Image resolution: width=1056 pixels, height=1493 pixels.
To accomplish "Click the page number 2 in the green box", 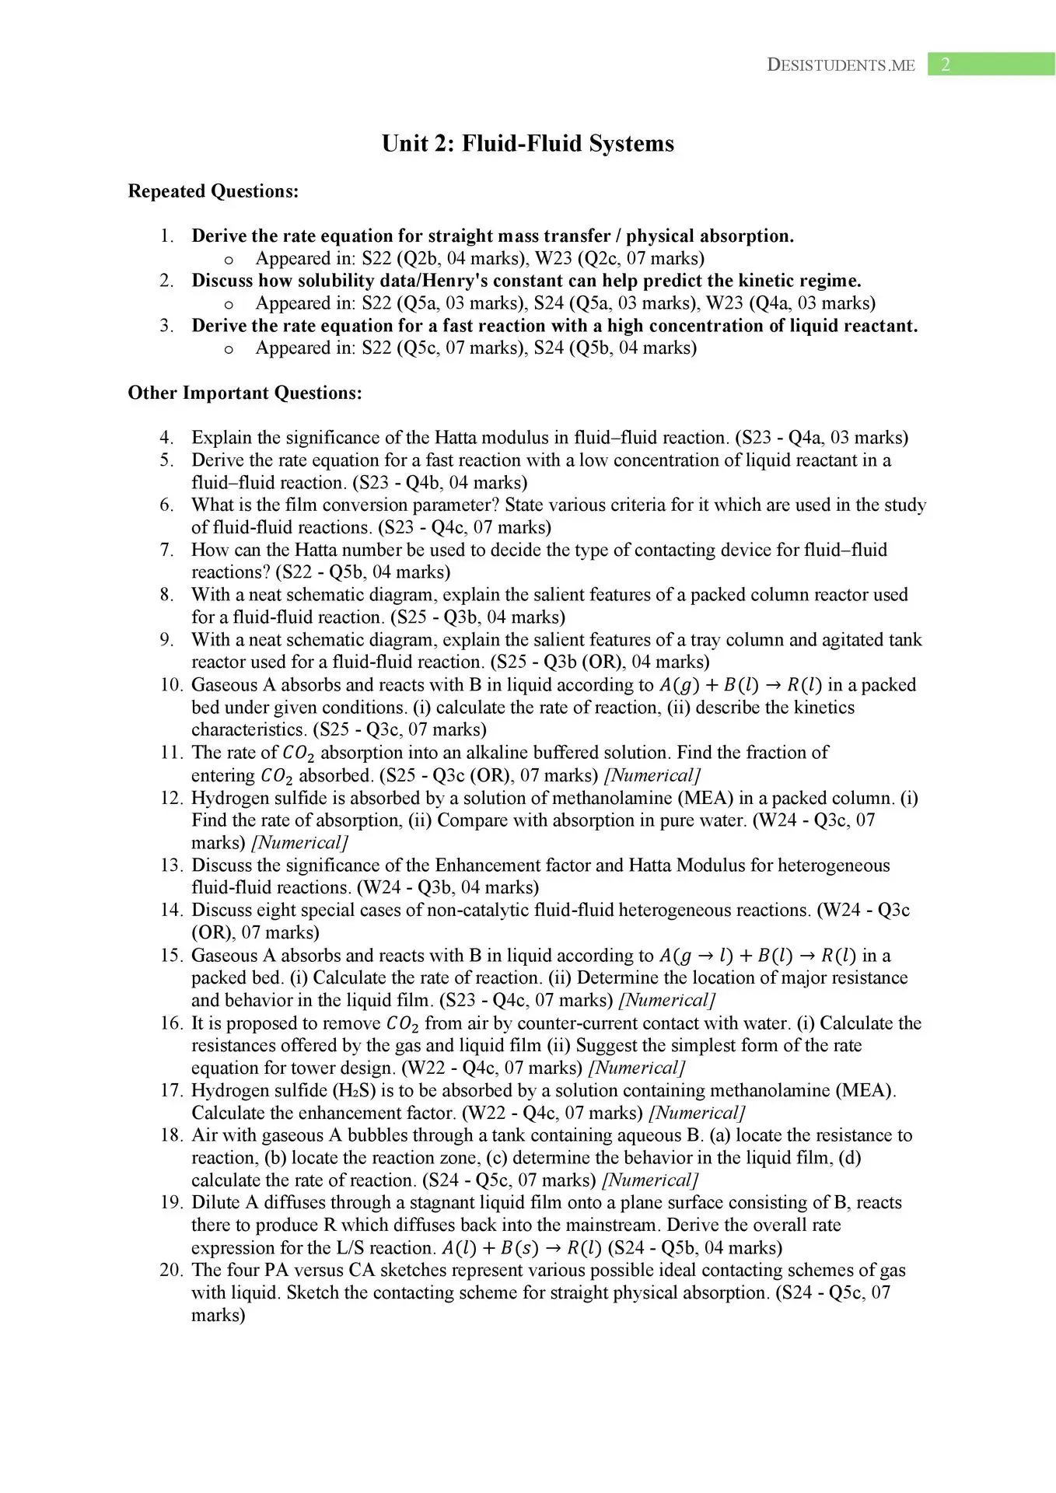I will pyautogui.click(x=946, y=65).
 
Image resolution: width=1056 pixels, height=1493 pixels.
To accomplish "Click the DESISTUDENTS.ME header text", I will pyautogui.click(x=841, y=65).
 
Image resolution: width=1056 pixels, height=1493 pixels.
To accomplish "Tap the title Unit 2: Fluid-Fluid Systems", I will pyautogui.click(x=527, y=144).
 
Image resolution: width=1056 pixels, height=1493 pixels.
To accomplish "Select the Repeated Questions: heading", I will pyautogui.click(x=213, y=191).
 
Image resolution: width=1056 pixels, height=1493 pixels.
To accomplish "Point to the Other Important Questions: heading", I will pyautogui.click(x=245, y=393).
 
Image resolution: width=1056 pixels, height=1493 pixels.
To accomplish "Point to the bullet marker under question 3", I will pyautogui.click(x=229, y=349).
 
